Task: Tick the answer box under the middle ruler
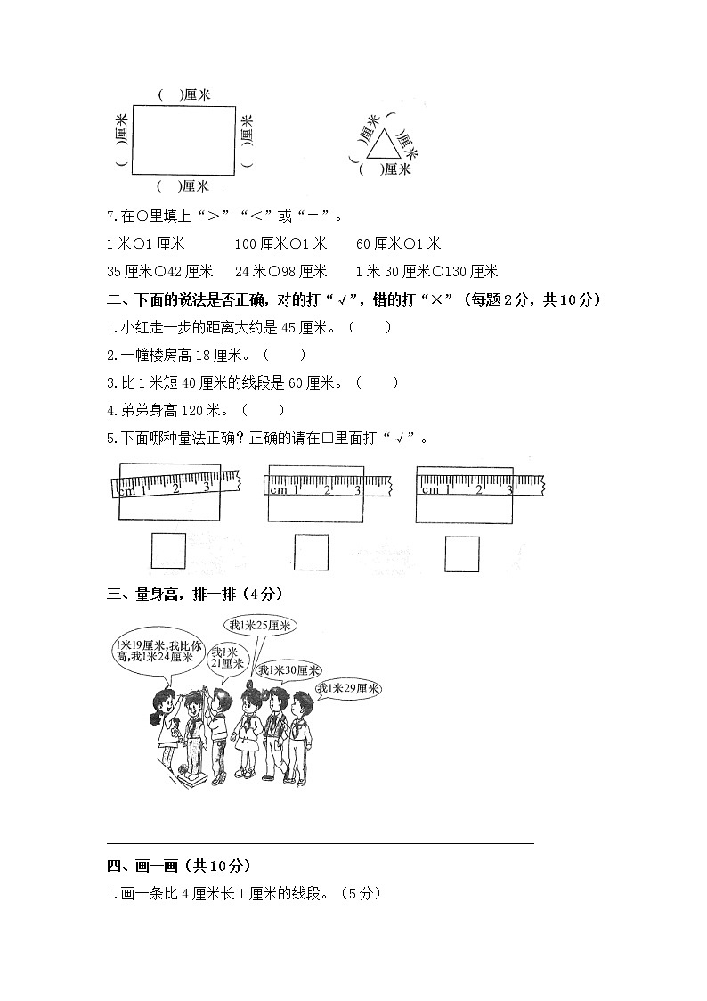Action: (311, 552)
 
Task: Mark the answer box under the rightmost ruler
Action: (461, 554)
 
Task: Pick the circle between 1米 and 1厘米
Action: (137, 244)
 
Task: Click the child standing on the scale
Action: (191, 731)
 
